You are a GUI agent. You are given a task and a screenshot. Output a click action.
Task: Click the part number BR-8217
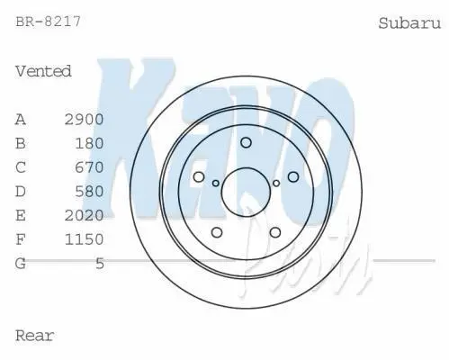48,22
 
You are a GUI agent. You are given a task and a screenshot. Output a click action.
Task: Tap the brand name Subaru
409,23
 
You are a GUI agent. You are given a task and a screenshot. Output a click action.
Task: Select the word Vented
43,71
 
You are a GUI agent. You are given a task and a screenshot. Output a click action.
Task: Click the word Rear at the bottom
35,336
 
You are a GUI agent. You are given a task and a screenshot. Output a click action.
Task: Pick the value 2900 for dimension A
85,120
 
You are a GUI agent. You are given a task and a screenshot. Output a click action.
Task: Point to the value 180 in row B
89,143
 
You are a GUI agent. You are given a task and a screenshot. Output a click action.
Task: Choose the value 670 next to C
89,167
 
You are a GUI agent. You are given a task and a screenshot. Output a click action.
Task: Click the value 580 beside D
89,192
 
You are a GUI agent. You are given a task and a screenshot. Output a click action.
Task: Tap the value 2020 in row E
85,215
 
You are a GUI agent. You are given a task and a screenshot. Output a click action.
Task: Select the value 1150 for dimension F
85,239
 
